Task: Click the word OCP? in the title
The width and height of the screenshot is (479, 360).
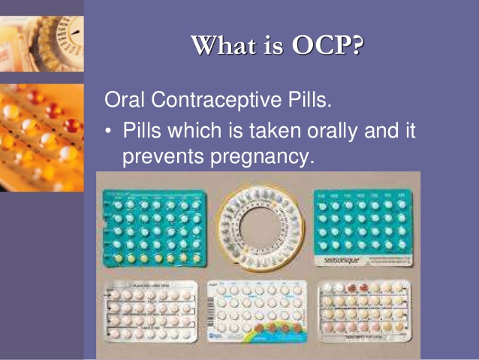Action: tap(325, 46)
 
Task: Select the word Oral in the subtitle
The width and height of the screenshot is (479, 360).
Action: tap(125, 98)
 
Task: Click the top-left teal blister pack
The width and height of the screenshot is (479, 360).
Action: tap(154, 228)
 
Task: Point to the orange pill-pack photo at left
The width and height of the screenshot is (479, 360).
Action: tap(41, 135)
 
